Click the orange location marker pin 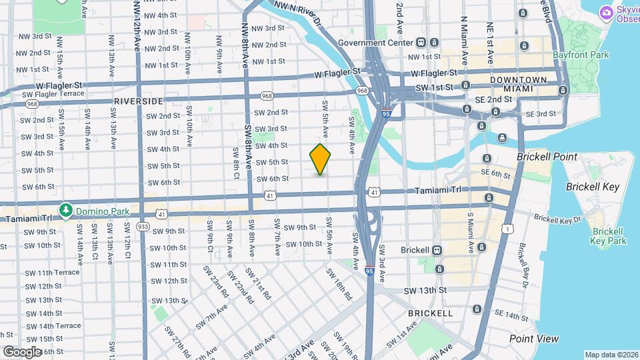click(x=320, y=159)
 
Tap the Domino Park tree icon click(x=66, y=211)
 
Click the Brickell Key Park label click(x=609, y=236)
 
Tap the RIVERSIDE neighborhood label click(x=138, y=101)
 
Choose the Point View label click(x=534, y=339)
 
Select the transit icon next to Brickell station click(x=438, y=250)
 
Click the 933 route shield click(x=143, y=227)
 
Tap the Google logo click(x=22, y=351)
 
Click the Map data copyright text click(x=611, y=355)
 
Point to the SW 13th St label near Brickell click(x=424, y=291)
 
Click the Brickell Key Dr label click(x=557, y=218)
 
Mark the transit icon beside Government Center click(x=421, y=43)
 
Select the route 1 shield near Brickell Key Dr click(x=510, y=229)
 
